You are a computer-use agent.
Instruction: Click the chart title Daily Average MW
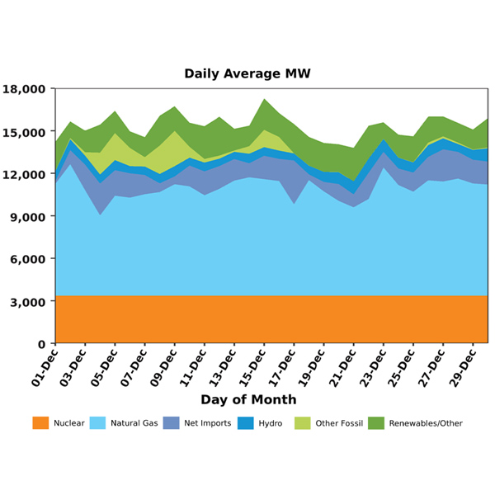pos(247,73)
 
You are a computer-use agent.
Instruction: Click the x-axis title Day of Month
pos(247,400)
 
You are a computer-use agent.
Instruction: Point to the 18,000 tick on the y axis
pos(26,89)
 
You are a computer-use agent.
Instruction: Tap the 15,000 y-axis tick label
pos(26,132)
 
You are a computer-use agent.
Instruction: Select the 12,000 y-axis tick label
pos(26,174)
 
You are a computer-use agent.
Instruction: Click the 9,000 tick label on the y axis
pos(30,217)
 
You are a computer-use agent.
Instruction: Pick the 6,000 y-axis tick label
pos(30,259)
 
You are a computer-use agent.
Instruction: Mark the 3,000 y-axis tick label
pos(30,302)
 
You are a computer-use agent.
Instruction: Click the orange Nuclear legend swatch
pos(40,423)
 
